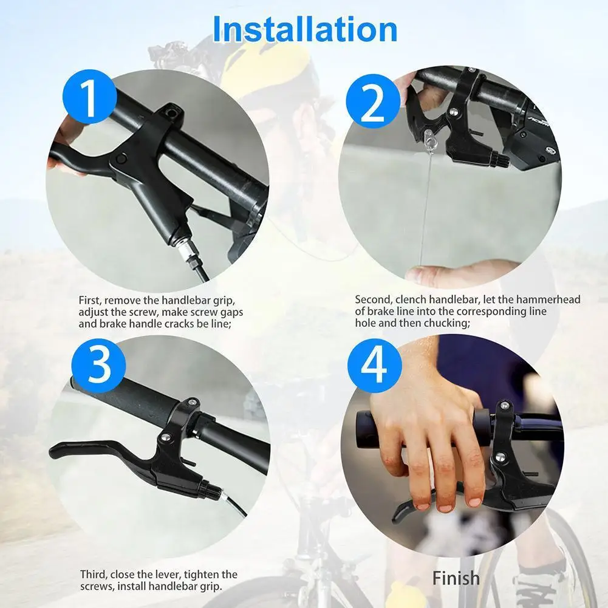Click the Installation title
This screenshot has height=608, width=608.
tap(305, 30)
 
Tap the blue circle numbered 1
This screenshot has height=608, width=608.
tap(90, 97)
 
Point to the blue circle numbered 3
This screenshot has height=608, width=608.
tap(98, 366)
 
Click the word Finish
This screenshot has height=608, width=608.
tap(456, 578)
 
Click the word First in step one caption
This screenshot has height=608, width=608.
tap(91, 301)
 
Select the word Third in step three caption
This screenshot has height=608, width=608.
tap(94, 574)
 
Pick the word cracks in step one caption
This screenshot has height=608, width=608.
tap(180, 324)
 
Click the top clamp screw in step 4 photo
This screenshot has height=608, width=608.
tap(504, 406)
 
